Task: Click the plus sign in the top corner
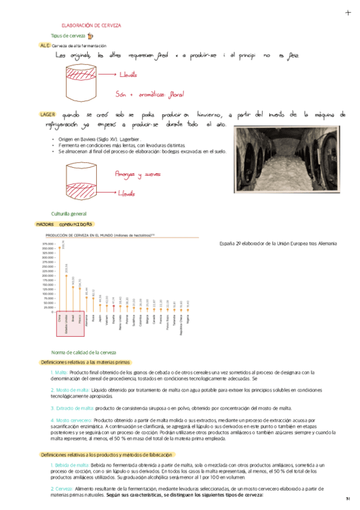click(348, 13)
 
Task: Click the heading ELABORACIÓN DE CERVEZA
click(91, 26)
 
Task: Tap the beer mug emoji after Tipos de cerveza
click(90, 36)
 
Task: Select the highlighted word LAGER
click(47, 114)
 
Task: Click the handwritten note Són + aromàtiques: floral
click(150, 94)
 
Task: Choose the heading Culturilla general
click(69, 214)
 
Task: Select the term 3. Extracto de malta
click(72, 408)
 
